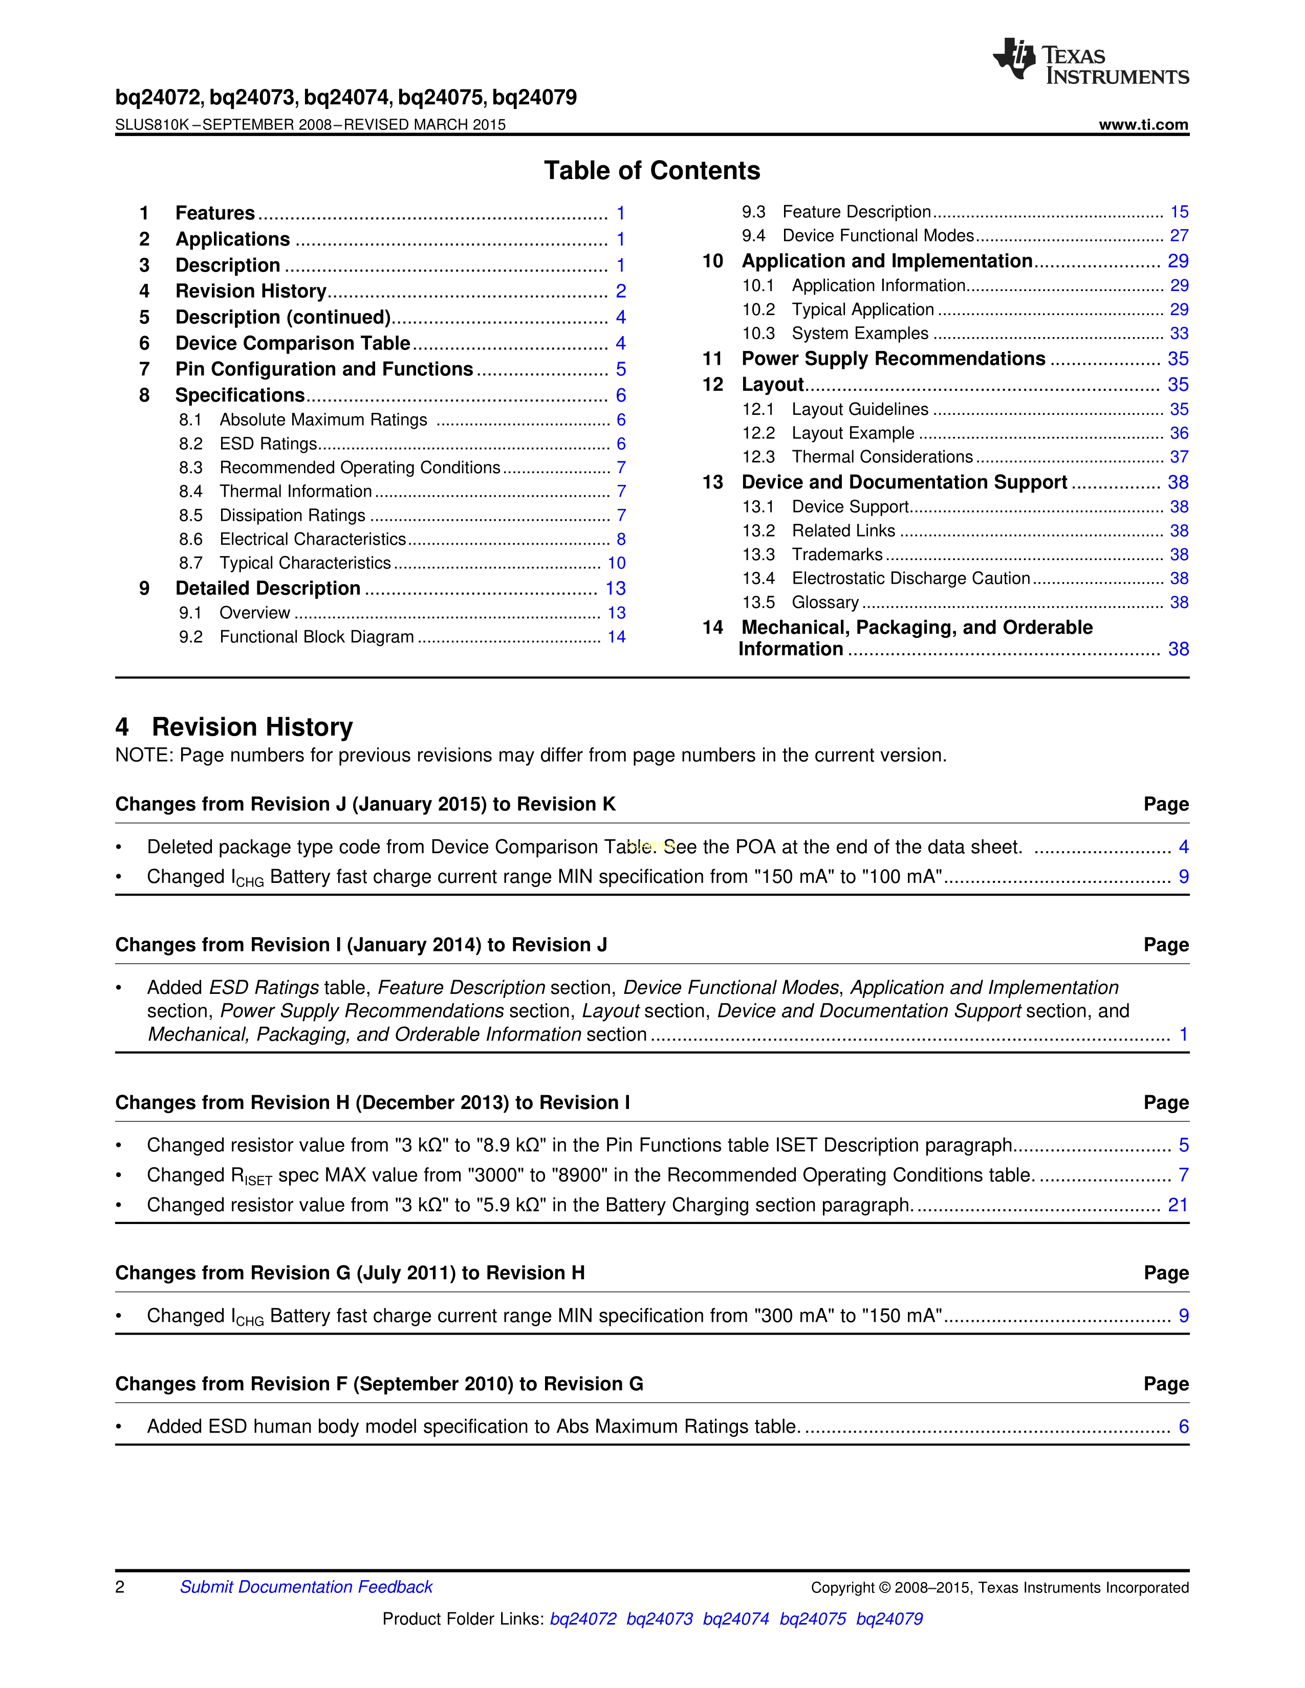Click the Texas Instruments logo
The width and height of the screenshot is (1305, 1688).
click(x=1090, y=61)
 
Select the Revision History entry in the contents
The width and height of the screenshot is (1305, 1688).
click(x=250, y=292)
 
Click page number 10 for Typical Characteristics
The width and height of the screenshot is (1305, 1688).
click(x=616, y=564)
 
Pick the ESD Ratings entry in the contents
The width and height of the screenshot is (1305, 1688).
click(x=268, y=443)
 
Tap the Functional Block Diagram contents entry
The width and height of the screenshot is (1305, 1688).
click(x=316, y=637)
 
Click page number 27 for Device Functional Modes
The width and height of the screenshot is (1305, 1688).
click(x=1178, y=236)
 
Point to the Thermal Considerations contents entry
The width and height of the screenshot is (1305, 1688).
click(x=882, y=457)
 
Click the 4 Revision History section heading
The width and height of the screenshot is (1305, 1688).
click(x=234, y=727)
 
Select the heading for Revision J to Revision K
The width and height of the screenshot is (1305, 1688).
click(x=365, y=805)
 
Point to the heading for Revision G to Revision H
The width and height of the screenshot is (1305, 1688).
click(x=350, y=1273)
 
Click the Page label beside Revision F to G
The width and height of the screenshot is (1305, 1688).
click(x=1166, y=1384)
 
